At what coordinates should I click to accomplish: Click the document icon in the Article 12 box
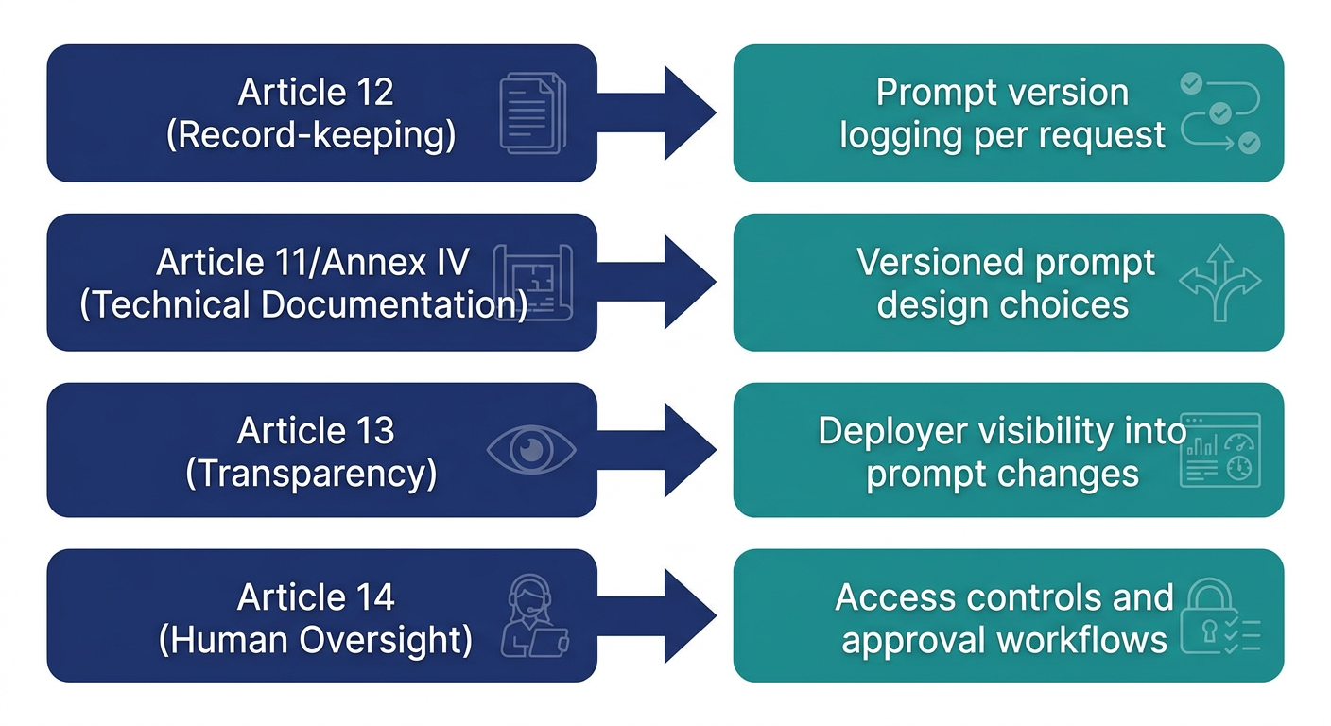532,114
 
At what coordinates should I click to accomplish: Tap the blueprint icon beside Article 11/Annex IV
532,283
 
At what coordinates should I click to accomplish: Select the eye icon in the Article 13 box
530,450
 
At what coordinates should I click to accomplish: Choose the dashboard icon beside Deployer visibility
1220,450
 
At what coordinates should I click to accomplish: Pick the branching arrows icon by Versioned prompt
1220,281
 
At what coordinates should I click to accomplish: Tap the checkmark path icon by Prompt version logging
1220,114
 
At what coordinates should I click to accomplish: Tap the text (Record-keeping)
311,135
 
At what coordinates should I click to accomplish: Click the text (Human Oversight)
316,640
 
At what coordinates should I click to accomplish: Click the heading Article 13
316,431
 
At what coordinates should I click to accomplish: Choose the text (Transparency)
311,473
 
